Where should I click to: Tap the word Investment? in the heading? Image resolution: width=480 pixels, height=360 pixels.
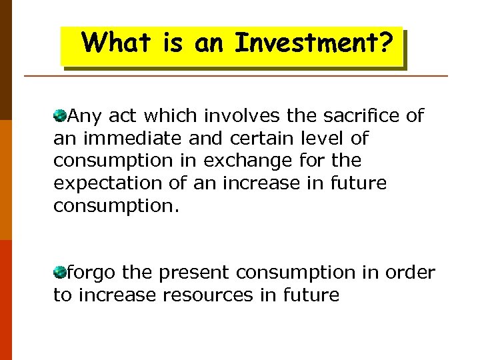tap(313, 43)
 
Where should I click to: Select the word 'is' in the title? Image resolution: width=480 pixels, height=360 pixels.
tap(172, 43)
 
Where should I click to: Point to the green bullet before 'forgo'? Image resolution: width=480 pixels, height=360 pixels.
tap(60, 273)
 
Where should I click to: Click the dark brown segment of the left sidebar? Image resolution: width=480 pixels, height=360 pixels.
tap(5, 60)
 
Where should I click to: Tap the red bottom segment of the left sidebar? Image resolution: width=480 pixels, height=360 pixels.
tap(5, 300)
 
